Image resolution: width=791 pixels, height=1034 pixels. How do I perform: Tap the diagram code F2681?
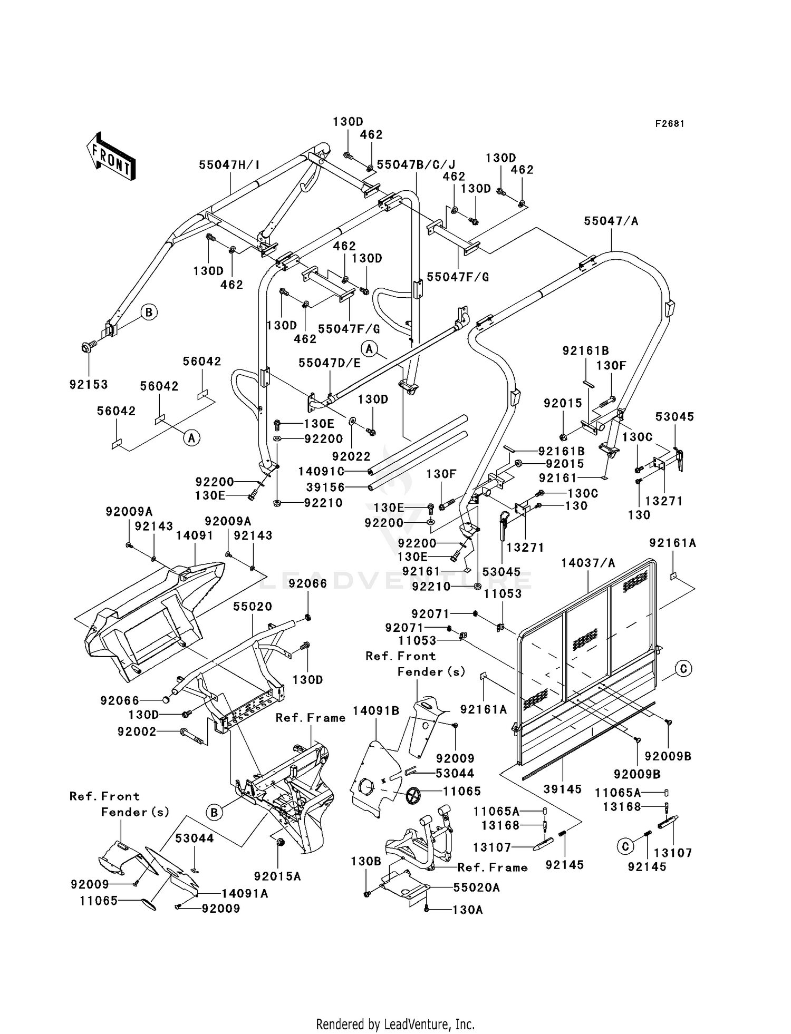coord(670,124)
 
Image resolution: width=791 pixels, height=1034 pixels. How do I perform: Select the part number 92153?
coord(89,385)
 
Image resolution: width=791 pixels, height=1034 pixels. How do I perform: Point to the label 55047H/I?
coord(229,165)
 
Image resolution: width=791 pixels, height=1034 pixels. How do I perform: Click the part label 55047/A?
coord(611,221)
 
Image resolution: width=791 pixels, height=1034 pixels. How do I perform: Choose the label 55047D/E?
coord(330,363)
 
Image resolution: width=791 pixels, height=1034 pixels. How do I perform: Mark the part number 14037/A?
coord(588,563)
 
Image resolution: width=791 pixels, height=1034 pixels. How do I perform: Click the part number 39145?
coord(563,789)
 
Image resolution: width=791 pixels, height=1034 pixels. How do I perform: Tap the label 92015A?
coord(278,876)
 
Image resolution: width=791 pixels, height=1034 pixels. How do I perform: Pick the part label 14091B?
coord(376,710)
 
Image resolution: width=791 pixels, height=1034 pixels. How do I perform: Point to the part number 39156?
coord(325,487)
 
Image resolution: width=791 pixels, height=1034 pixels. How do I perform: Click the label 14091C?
coord(321,471)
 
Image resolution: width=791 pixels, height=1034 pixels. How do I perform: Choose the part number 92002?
coord(137,731)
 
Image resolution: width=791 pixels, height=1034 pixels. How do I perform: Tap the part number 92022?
coord(352,456)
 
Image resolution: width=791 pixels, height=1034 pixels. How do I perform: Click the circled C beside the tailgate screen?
coord(683,669)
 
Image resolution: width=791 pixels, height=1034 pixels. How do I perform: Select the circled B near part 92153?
coord(149,313)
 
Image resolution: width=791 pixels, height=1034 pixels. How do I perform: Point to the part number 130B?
coord(366,861)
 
